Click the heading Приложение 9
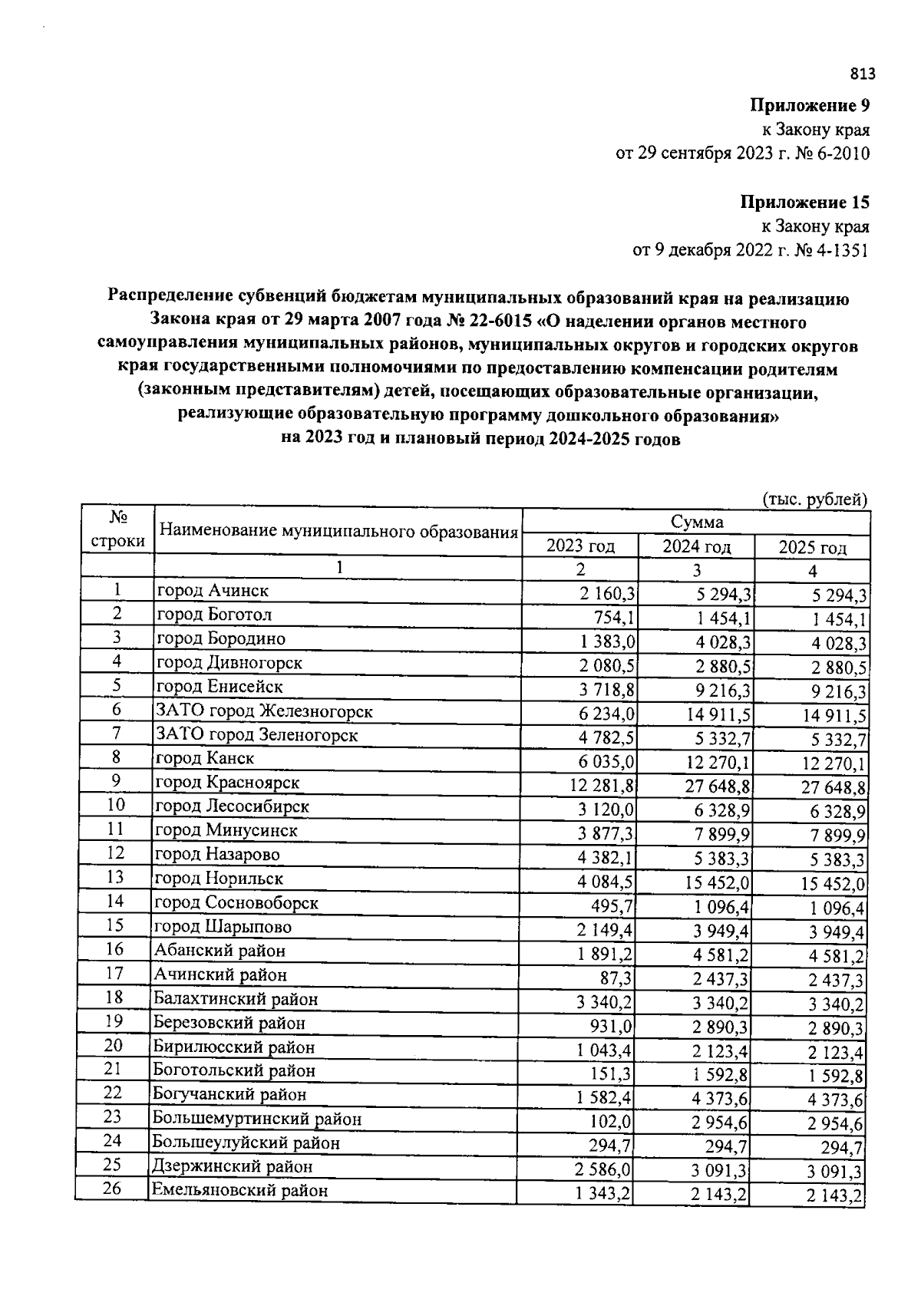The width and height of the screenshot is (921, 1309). click(x=810, y=105)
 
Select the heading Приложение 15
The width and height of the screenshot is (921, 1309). click(x=805, y=203)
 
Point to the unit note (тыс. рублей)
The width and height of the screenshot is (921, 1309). click(x=815, y=500)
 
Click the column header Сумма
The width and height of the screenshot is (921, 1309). click(x=697, y=523)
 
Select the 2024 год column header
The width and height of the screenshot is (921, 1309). click(x=697, y=547)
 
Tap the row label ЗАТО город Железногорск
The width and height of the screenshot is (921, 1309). click(x=264, y=711)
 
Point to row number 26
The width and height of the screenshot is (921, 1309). click(x=113, y=1189)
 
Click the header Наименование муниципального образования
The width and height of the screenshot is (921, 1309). click(x=338, y=531)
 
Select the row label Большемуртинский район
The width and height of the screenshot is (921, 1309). click(x=256, y=1119)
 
